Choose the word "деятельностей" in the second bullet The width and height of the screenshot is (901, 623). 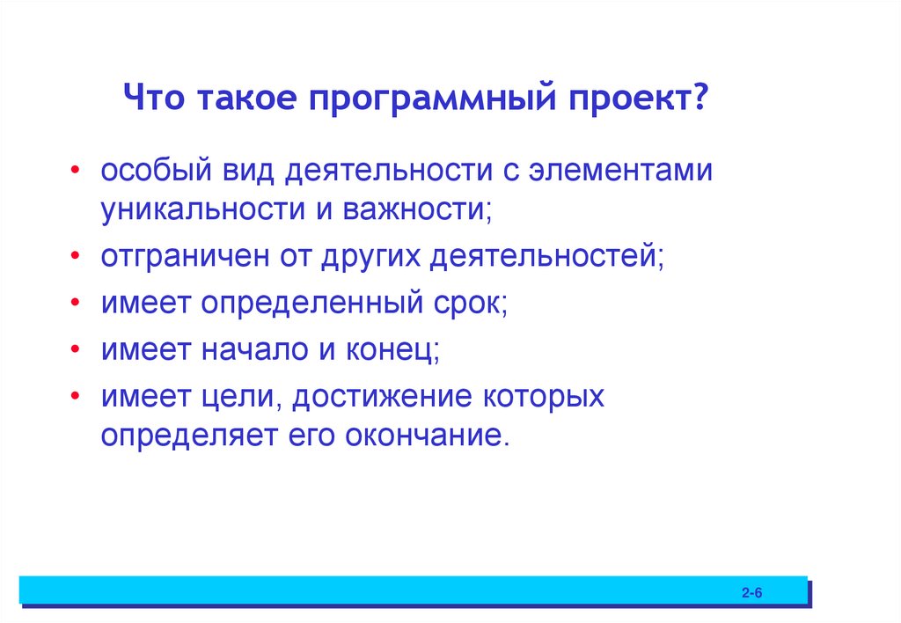(x=547, y=258)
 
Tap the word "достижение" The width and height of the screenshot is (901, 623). (x=383, y=397)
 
